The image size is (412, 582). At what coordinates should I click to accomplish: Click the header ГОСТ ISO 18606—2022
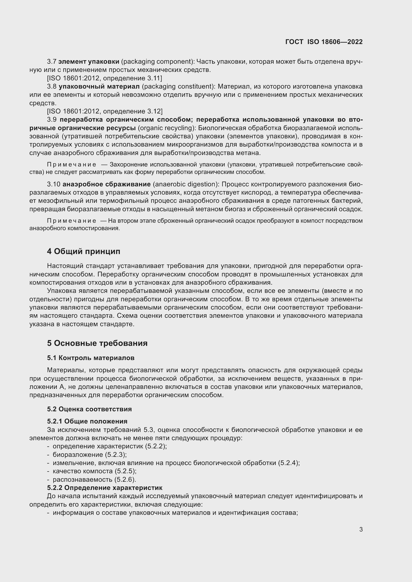click(x=324, y=42)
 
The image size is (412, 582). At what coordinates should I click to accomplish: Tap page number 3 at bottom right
click(x=361, y=529)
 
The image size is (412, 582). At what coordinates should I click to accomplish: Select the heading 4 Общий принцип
click(x=83, y=252)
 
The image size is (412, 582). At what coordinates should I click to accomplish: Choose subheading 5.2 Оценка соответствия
click(x=89, y=409)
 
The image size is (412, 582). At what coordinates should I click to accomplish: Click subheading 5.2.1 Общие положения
click(x=87, y=421)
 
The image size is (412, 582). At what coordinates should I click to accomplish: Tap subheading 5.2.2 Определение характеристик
click(x=105, y=488)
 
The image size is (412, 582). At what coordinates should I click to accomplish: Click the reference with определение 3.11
click(x=105, y=78)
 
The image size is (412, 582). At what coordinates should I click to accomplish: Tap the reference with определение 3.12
click(x=105, y=111)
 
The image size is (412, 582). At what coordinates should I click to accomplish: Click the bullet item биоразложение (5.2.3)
click(x=90, y=455)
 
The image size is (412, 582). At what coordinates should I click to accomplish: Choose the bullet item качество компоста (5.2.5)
click(x=94, y=471)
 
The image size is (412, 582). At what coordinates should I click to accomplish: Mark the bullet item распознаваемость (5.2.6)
click(x=94, y=479)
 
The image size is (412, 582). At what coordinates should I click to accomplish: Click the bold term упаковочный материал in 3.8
click(x=99, y=87)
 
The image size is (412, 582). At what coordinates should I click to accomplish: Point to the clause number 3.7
click(x=52, y=62)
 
